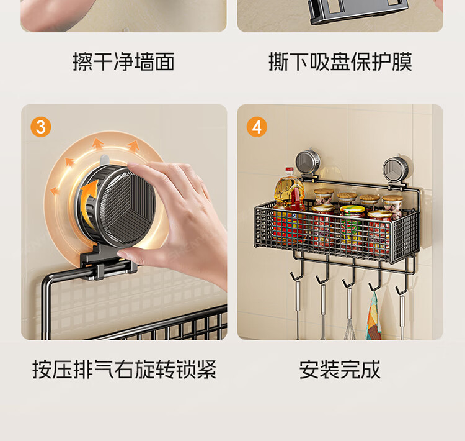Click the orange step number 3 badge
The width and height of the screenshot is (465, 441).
(41, 127)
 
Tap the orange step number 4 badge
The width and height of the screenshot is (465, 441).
(257, 127)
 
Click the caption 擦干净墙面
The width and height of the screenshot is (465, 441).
(123, 61)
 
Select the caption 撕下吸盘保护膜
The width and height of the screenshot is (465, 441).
(340, 61)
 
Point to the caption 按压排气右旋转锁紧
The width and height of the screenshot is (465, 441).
(124, 370)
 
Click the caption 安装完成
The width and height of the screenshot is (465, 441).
(340, 370)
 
